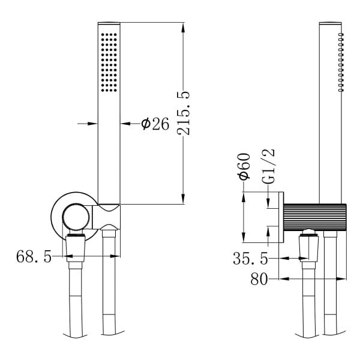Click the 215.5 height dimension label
184,113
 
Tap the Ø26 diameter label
155,124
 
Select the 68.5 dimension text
34,256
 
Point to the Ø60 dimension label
244,166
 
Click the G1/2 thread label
268,166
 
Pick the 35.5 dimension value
250,259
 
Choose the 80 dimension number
259,279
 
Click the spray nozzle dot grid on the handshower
109,62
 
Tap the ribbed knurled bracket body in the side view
315,217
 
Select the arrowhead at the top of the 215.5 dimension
183,28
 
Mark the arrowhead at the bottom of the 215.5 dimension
183,198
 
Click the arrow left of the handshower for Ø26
88,124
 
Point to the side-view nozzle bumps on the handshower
341,62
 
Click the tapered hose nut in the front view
76,249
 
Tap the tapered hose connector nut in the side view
308,249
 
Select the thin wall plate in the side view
281,217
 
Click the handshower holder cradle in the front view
106,217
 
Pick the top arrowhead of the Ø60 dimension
244,197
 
